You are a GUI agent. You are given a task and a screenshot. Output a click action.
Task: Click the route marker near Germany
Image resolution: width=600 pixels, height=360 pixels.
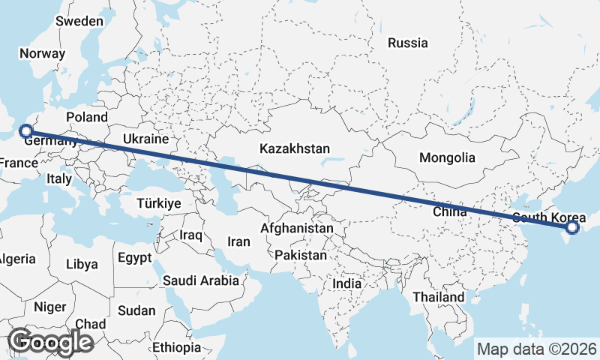pyautogui.click(x=25, y=131)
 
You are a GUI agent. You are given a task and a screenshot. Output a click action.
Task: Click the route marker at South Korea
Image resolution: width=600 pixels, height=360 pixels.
pyautogui.click(x=572, y=227)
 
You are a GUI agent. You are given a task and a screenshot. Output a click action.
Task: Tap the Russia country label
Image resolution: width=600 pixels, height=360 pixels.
pyautogui.click(x=407, y=43)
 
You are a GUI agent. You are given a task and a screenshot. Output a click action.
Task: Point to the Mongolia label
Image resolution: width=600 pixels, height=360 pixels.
pyautogui.click(x=447, y=157)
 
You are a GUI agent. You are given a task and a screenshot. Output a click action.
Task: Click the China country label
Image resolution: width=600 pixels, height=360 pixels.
pyautogui.click(x=449, y=212)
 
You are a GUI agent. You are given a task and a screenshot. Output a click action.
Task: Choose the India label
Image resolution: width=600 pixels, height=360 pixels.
pyautogui.click(x=346, y=284)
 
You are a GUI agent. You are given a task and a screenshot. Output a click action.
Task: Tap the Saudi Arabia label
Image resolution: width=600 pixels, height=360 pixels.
pyautogui.click(x=201, y=281)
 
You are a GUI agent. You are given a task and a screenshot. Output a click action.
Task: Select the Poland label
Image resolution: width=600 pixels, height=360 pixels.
pyautogui.click(x=87, y=117)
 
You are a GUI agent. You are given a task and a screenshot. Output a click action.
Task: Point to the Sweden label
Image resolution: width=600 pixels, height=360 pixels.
pyautogui.click(x=79, y=21)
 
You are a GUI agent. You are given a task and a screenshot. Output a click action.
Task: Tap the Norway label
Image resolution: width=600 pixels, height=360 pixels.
pyautogui.click(x=43, y=53)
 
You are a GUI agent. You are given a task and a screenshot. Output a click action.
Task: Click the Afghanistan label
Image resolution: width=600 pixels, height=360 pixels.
pyautogui.click(x=297, y=227)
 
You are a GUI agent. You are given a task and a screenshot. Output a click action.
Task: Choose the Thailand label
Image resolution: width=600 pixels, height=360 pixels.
pyautogui.click(x=438, y=297)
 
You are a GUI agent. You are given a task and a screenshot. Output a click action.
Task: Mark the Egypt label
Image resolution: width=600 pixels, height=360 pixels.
pyautogui.click(x=134, y=257)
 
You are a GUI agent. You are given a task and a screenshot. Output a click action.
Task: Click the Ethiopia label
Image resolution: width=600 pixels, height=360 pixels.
pyautogui.click(x=176, y=347)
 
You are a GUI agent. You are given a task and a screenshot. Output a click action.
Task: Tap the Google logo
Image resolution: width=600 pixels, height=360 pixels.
pyautogui.click(x=51, y=342)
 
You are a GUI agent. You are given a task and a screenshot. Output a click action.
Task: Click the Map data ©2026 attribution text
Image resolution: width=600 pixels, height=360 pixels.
pyautogui.click(x=536, y=349)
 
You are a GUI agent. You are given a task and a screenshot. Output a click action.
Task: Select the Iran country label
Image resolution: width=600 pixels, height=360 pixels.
pyautogui.click(x=238, y=241)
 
